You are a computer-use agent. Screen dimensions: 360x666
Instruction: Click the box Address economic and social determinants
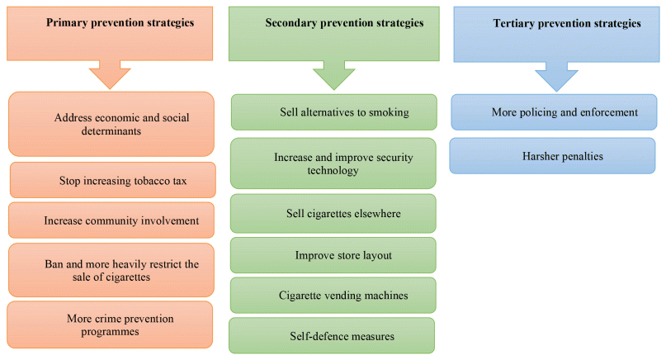(110, 124)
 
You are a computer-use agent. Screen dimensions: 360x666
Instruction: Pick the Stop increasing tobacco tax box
(112, 180)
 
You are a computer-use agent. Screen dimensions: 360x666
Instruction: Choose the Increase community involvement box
(110, 220)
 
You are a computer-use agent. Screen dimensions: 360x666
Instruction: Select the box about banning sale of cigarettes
(110, 271)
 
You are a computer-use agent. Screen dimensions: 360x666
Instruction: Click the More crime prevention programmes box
(110, 324)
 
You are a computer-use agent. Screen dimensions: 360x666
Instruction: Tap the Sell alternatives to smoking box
(333, 112)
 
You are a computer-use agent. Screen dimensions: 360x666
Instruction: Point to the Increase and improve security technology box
(333, 163)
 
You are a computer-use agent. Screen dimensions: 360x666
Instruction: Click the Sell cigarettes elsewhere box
(333, 214)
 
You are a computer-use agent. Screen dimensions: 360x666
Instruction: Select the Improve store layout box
(333, 255)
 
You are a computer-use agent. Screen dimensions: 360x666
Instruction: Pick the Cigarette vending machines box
(333, 296)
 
